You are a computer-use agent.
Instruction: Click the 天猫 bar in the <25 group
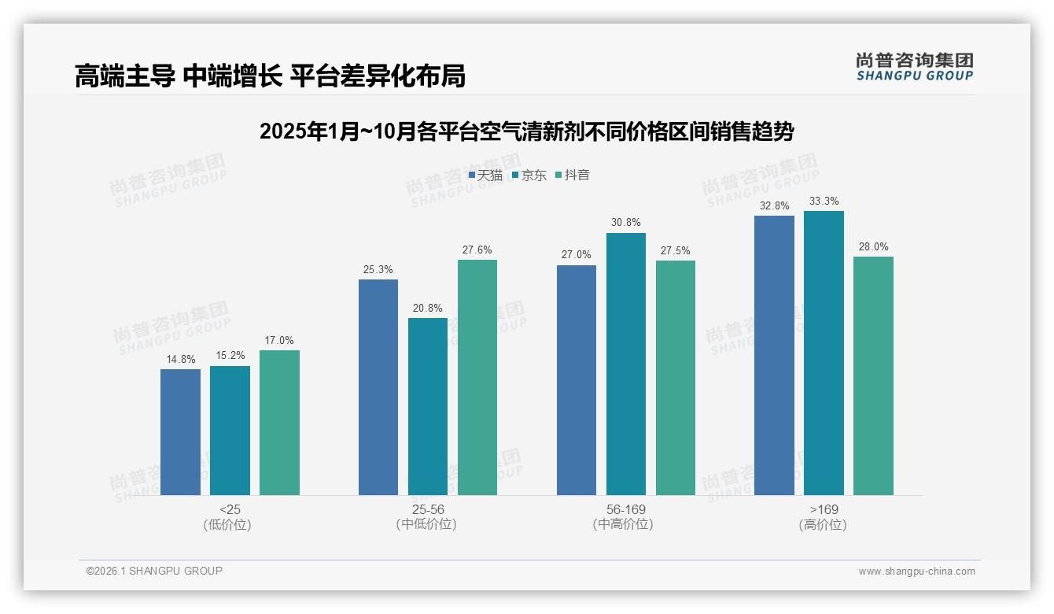pos(180,432)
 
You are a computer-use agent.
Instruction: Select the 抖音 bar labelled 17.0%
pos(279,423)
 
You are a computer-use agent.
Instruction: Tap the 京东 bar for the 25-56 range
pos(428,406)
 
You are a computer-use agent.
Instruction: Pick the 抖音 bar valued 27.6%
pos(477,377)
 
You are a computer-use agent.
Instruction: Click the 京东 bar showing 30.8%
pos(626,364)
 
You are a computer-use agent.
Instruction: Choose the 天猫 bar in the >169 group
pos(774,355)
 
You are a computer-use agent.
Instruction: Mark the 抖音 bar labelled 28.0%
pos(873,375)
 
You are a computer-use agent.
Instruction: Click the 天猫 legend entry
pos(485,175)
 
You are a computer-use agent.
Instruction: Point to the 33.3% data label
pos(824,202)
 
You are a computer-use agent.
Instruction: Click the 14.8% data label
pos(180,360)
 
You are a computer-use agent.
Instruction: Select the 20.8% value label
pos(428,309)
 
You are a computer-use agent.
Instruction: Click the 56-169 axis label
pos(626,509)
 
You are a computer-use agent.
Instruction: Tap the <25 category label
pos(230,509)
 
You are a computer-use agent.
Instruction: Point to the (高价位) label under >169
pos(824,525)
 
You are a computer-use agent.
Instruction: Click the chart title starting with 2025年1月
pos(526,131)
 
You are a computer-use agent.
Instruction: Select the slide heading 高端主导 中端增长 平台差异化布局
pos(270,76)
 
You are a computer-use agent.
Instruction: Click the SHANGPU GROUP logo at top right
pos(914,67)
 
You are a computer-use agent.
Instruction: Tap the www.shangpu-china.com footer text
pos(916,571)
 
